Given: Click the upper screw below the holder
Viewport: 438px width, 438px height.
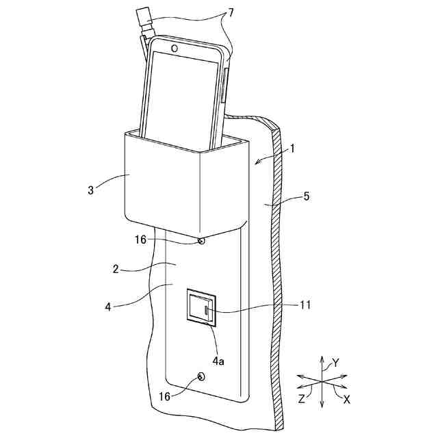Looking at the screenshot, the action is (201, 241).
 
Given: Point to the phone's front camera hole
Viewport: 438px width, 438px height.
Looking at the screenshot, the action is (175, 49).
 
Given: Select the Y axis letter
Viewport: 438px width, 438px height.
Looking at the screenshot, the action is (335, 362).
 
